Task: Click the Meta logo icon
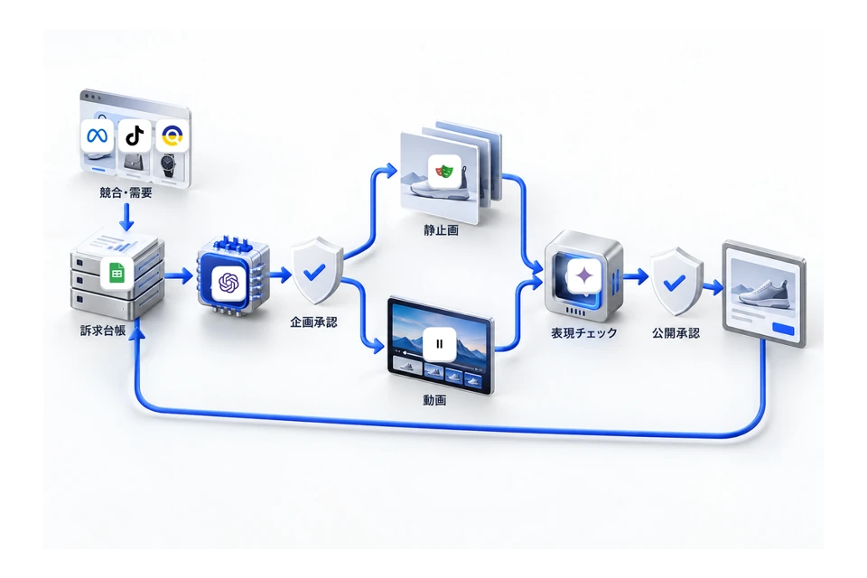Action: [97, 135]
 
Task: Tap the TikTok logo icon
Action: [135, 135]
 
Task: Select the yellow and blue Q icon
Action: [172, 135]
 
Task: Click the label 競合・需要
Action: [126, 192]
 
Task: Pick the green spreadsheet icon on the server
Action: [117, 273]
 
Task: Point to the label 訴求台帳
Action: [103, 331]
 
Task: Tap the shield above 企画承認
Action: [316, 270]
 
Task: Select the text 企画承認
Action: [313, 322]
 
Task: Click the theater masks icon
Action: [444, 172]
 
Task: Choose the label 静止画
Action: [442, 230]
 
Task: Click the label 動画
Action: [434, 400]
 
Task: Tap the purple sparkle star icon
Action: [584, 275]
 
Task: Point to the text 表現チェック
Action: [584, 333]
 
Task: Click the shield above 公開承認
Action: [676, 282]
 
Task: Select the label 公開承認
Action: [676, 333]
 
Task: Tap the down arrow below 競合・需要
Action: [126, 218]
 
